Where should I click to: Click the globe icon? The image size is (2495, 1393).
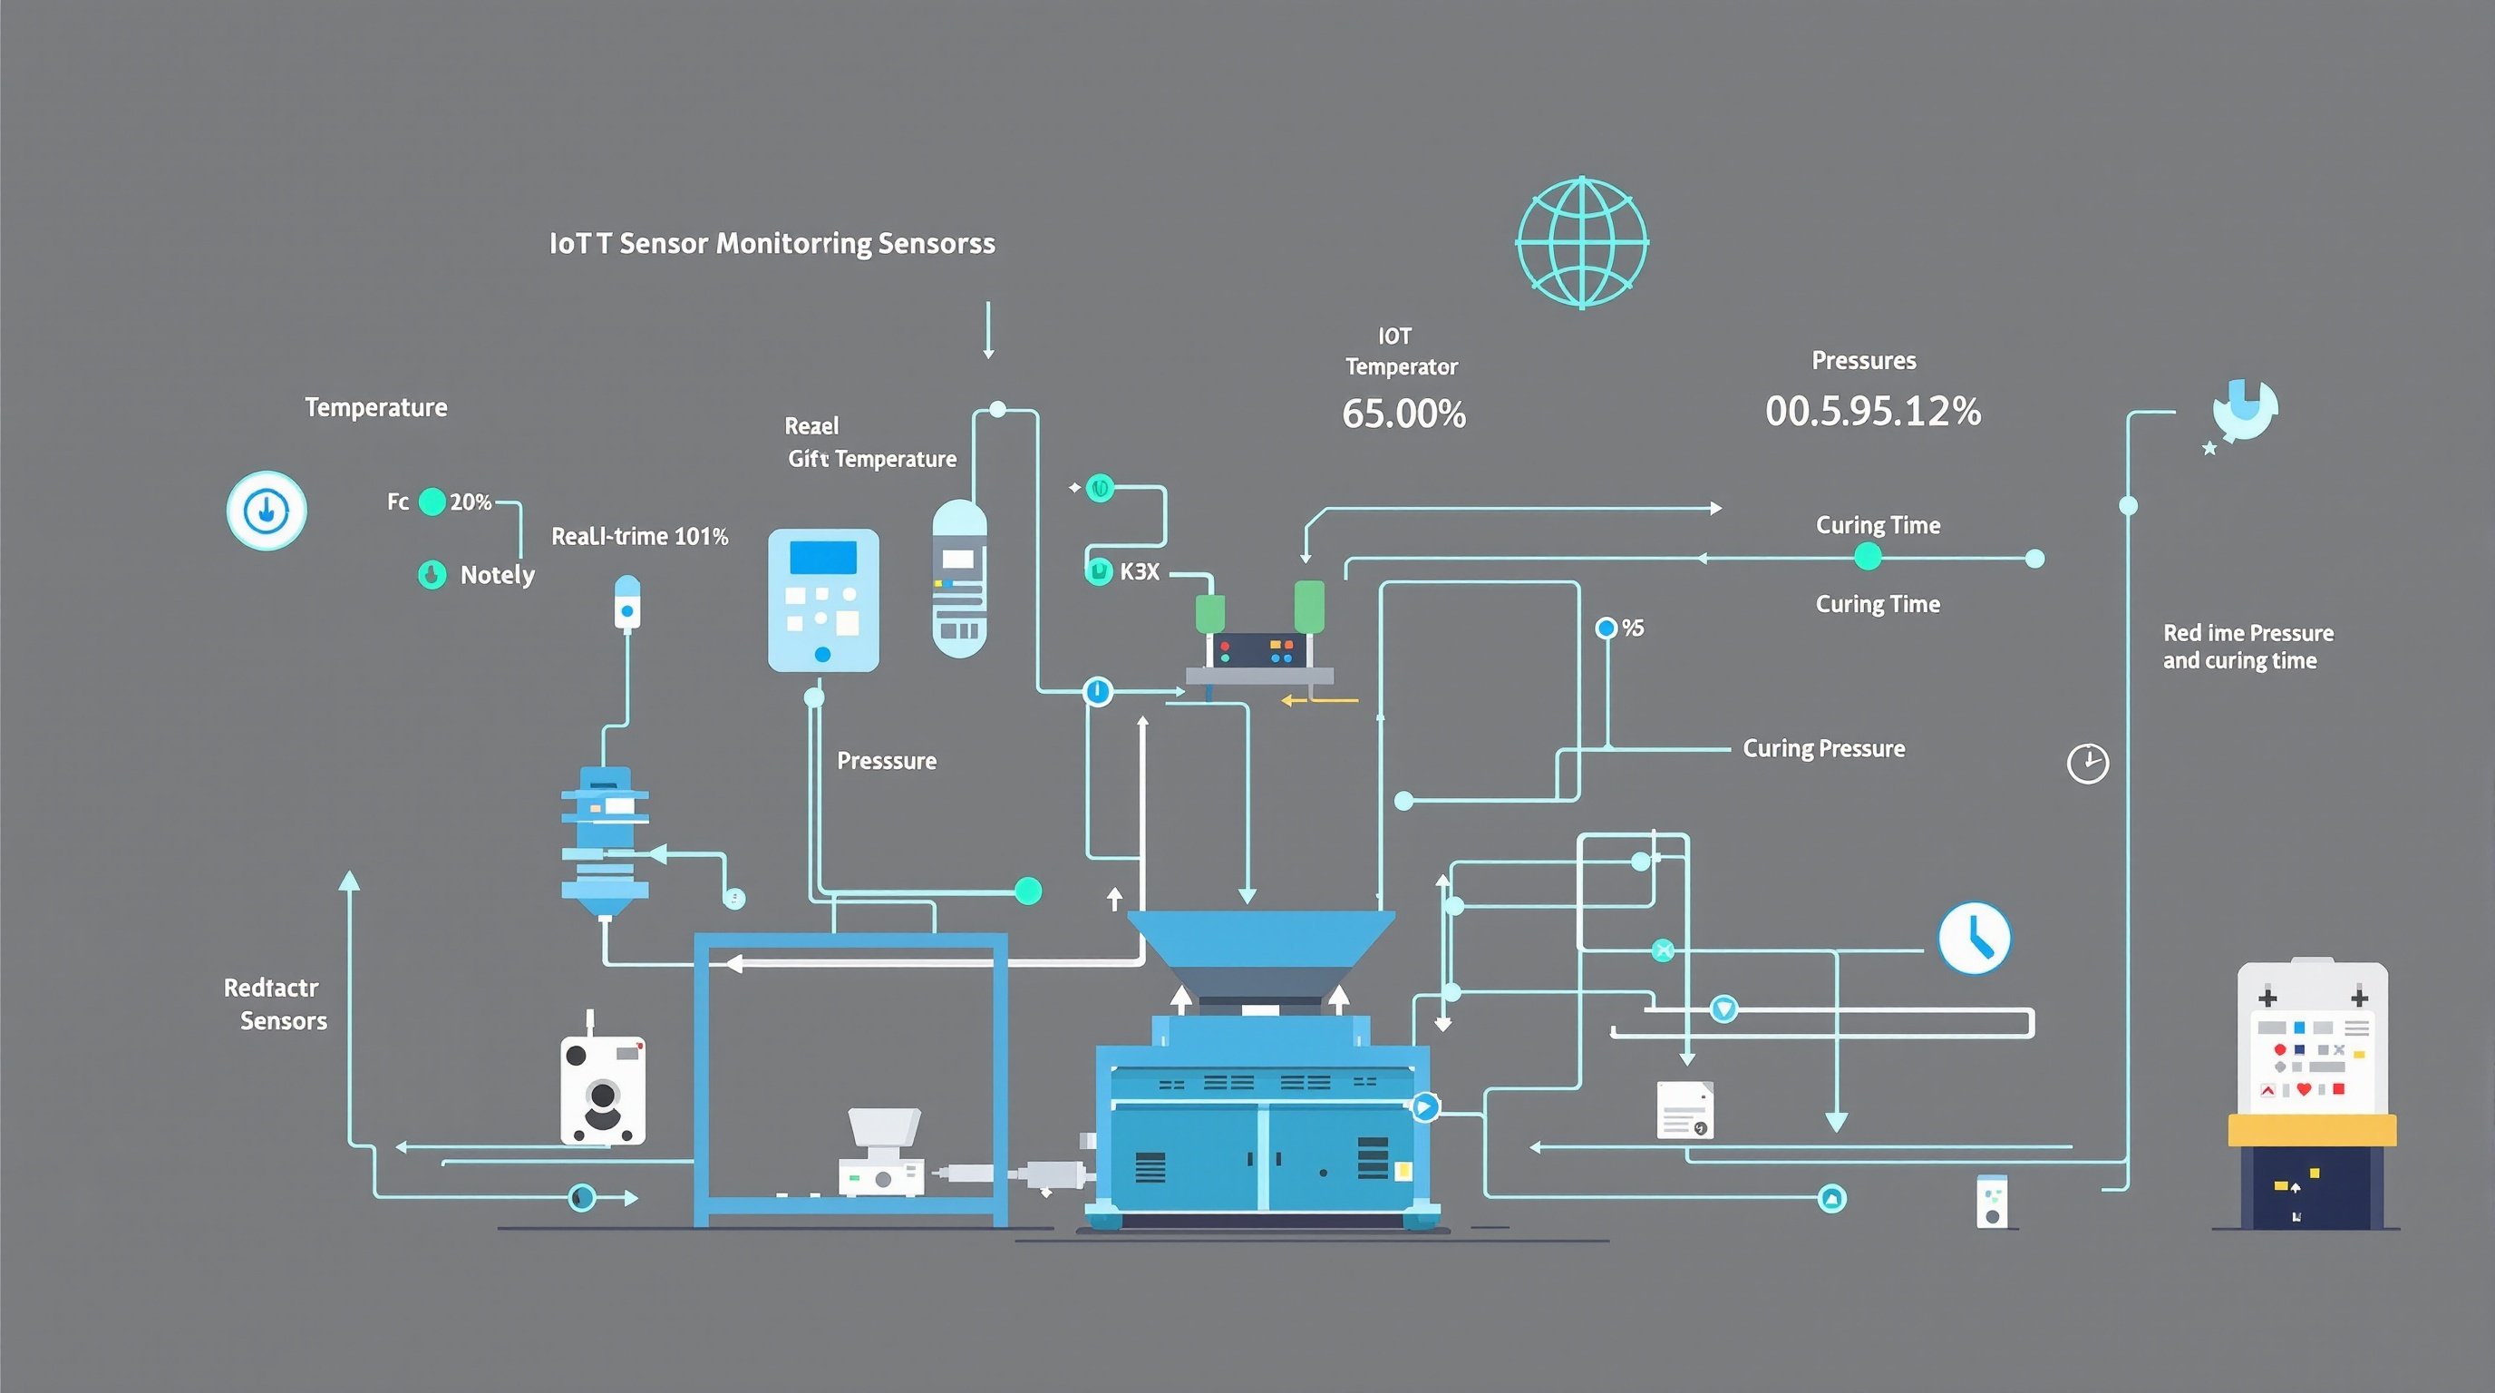point(1582,242)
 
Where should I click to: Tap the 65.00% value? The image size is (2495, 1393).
point(1403,414)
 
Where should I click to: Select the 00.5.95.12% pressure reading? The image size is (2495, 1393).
point(1872,412)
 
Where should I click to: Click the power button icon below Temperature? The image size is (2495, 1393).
point(267,511)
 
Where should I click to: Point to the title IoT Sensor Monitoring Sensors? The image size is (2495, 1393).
point(771,243)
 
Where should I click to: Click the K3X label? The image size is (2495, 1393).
point(1139,571)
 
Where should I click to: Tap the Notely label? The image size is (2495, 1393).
point(497,574)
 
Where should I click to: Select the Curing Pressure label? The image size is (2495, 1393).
point(1823,749)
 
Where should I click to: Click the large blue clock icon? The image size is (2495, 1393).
point(1974,938)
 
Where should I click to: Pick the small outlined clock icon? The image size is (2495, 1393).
point(2087,764)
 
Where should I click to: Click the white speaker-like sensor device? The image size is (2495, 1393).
point(602,1091)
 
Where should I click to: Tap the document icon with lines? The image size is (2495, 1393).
point(1684,1109)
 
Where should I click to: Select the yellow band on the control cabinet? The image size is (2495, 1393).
point(2311,1129)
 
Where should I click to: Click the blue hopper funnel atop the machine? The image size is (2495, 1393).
point(1260,940)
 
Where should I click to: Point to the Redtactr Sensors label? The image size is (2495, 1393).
point(275,1004)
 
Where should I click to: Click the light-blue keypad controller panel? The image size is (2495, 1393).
point(823,599)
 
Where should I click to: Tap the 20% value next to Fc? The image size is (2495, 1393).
point(471,502)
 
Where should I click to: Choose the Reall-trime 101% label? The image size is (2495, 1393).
point(639,537)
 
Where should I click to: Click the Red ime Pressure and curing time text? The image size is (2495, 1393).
point(2247,646)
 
